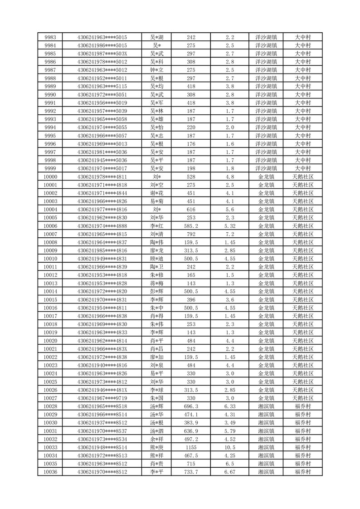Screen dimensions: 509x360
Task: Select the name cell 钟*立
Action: (x=157, y=70)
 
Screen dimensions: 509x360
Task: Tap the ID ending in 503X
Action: (x=102, y=54)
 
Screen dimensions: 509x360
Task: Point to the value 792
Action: (x=191, y=234)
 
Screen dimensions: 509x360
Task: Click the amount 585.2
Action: (x=191, y=226)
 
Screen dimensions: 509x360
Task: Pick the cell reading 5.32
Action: (x=230, y=226)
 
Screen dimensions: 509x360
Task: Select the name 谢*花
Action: (x=157, y=193)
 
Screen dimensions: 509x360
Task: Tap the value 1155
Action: (x=191, y=447)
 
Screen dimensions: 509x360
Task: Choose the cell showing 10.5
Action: (x=230, y=447)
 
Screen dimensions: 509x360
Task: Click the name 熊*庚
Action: (x=157, y=447)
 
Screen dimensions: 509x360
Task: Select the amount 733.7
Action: (x=191, y=472)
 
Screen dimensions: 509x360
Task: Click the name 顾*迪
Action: (x=157, y=259)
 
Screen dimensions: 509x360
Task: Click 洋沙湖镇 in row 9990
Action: (x=266, y=94)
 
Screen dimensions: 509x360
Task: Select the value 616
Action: (x=191, y=209)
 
